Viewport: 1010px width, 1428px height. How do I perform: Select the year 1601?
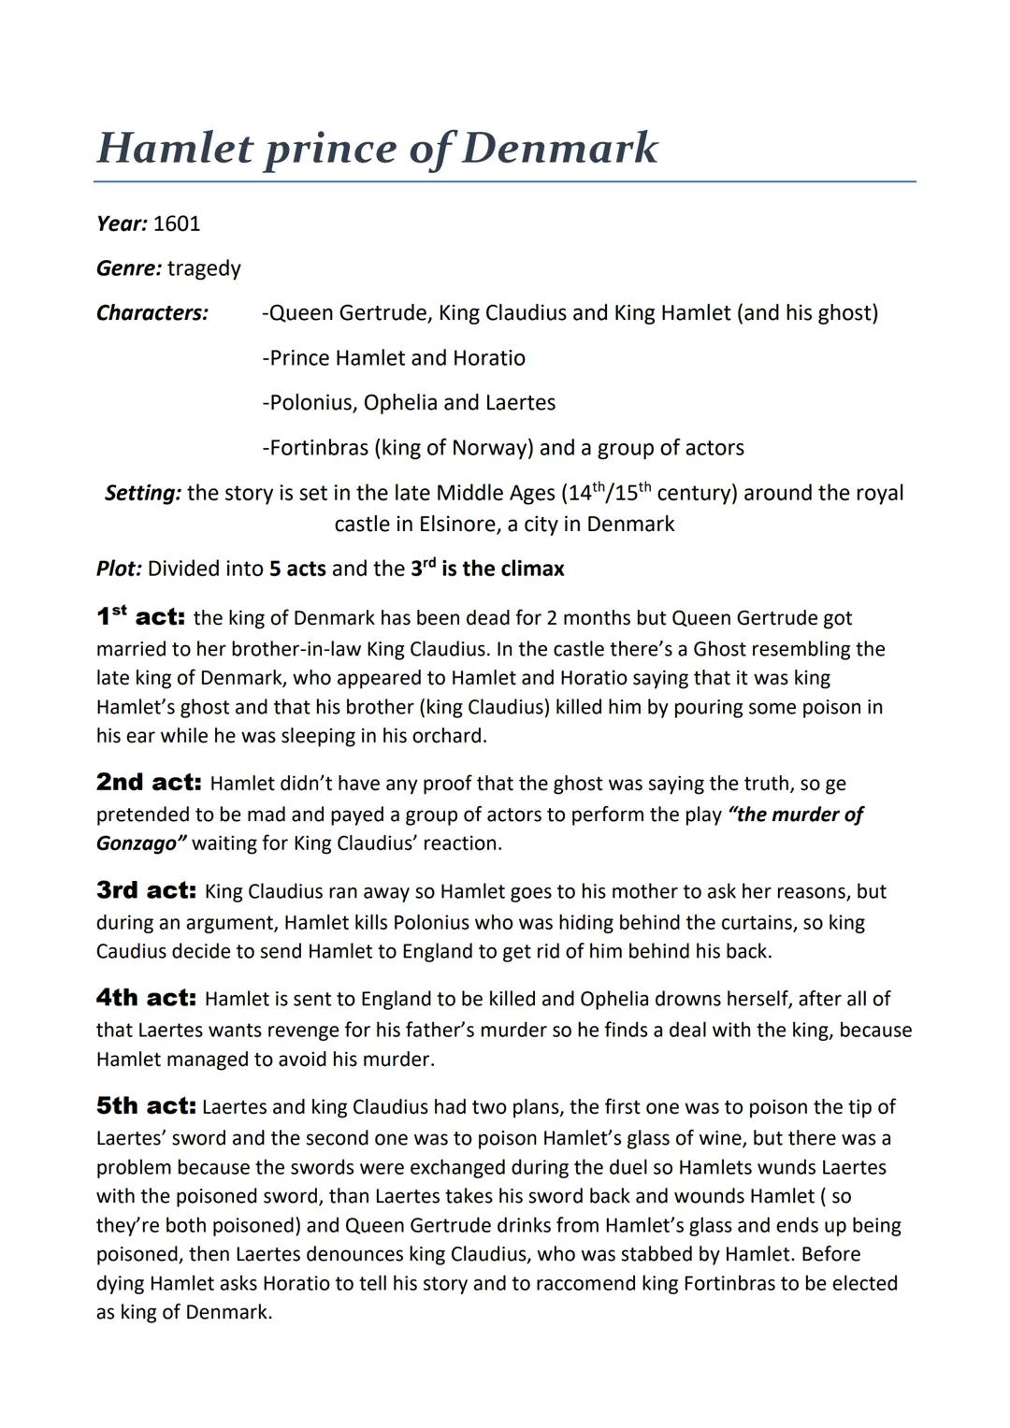click(x=176, y=224)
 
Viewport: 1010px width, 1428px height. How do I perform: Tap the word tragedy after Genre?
click(x=204, y=268)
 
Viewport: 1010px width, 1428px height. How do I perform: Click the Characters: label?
click(x=152, y=312)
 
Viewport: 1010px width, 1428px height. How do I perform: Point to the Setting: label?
click(x=143, y=493)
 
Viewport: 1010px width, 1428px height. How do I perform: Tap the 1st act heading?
click(x=140, y=617)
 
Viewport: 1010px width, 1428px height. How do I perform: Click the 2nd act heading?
click(x=149, y=783)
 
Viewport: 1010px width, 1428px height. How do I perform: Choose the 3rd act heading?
click(x=146, y=890)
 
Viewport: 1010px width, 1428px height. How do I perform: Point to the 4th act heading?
click(x=146, y=998)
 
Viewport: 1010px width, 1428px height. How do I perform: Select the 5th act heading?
click(x=146, y=1106)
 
